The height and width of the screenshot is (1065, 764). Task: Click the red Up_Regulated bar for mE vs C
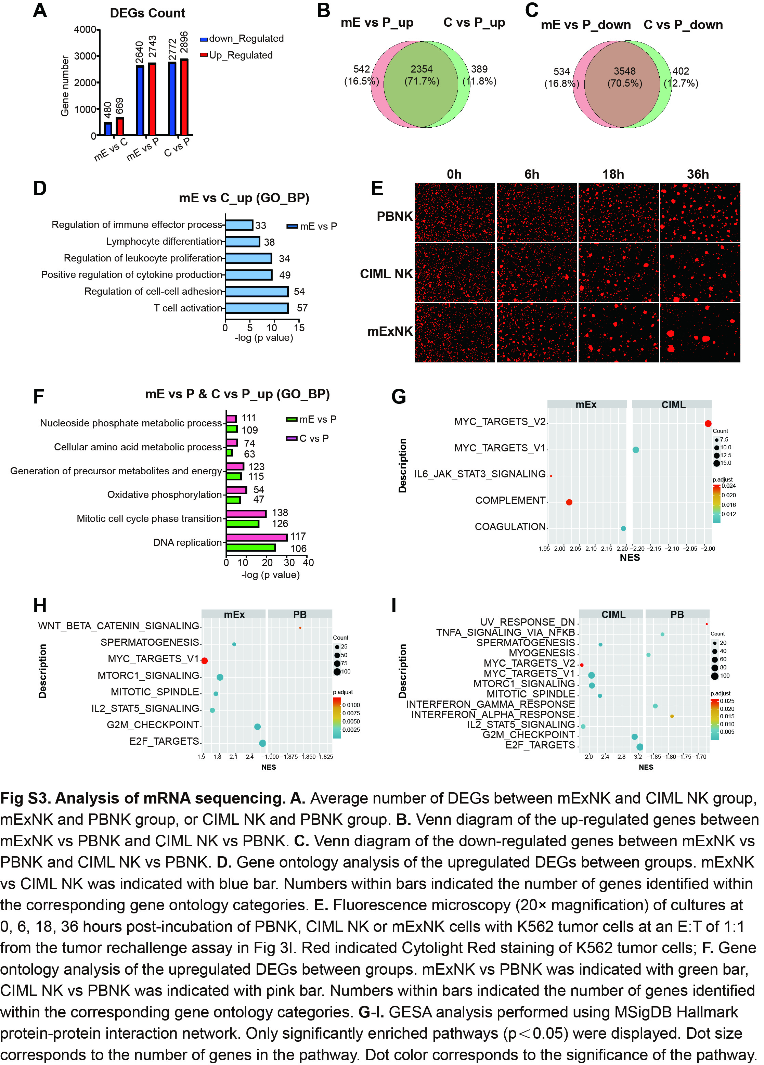coord(120,126)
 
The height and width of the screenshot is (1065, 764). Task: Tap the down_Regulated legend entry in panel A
coord(242,39)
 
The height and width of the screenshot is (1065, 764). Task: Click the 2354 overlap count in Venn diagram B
coord(421,69)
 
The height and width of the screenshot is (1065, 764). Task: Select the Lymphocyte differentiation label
coord(164,241)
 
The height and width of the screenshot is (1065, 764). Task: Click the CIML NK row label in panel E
coord(386,274)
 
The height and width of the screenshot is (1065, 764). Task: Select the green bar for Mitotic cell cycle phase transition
coord(242,524)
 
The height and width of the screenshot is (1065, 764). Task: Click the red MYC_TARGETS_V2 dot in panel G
coord(708,424)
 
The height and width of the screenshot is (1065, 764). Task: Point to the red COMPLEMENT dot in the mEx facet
coord(569,502)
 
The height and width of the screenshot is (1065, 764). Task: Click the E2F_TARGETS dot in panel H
coord(262,743)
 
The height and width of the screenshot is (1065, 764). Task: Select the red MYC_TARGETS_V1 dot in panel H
coord(205,661)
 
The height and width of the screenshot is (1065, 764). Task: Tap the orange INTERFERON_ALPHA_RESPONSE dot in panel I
coord(672,716)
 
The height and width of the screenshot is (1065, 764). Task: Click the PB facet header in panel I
coord(677,614)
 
